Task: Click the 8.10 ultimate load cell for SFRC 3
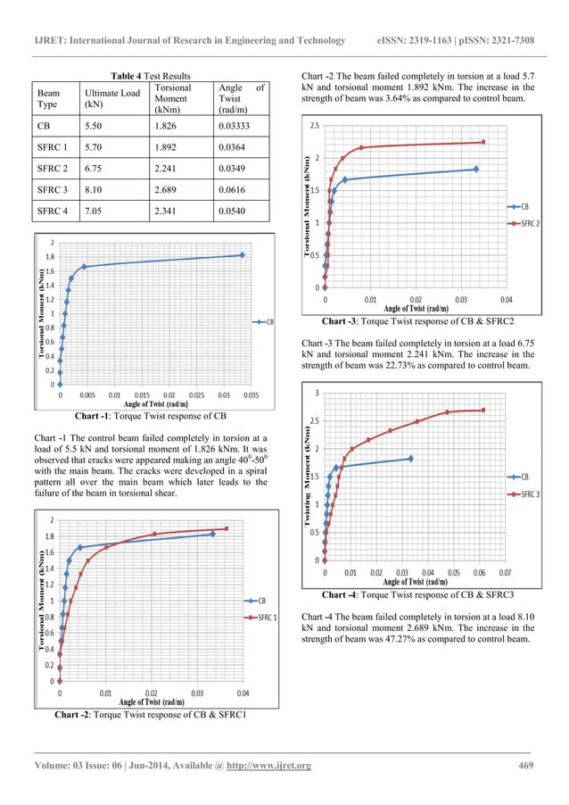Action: [x=95, y=189]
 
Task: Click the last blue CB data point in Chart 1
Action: [x=242, y=255]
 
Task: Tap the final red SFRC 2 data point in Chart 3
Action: [x=483, y=142]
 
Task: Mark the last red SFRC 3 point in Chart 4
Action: [x=483, y=411]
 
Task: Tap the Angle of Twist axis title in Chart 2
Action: [x=152, y=701]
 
